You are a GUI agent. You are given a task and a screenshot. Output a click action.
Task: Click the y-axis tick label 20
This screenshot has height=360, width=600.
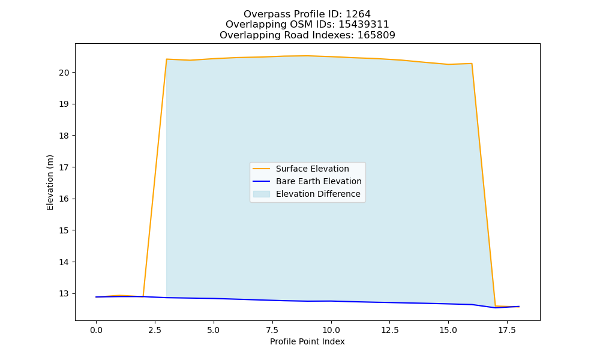pyautogui.click(x=64, y=73)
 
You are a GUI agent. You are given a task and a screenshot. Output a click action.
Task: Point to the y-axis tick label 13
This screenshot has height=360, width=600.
pyautogui.click(x=64, y=294)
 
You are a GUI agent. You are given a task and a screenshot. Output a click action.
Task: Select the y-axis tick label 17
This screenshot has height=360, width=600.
pyautogui.click(x=64, y=167)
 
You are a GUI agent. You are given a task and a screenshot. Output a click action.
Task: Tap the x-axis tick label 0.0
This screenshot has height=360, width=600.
pyautogui.click(x=96, y=330)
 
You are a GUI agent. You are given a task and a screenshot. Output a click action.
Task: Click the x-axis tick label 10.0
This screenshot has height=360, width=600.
pyautogui.click(x=331, y=330)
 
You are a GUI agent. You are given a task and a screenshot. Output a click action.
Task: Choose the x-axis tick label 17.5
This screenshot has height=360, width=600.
pyautogui.click(x=507, y=330)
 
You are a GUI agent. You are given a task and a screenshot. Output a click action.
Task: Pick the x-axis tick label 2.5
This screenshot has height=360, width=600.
pyautogui.click(x=155, y=330)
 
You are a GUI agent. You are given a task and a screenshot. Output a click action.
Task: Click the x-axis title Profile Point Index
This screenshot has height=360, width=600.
pyautogui.click(x=307, y=341)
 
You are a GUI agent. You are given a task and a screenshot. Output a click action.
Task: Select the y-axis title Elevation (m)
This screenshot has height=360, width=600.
pyautogui.click(x=50, y=182)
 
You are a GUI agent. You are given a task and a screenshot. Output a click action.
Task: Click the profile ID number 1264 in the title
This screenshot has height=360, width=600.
pyautogui.click(x=358, y=14)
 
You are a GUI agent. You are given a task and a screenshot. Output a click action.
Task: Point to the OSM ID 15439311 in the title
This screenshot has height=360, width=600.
pyautogui.click(x=364, y=25)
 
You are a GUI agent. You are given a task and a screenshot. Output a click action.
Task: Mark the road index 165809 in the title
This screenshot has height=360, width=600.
pyautogui.click(x=376, y=35)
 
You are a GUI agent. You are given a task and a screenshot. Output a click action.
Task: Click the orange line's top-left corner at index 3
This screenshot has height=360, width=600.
pyautogui.click(x=166, y=59)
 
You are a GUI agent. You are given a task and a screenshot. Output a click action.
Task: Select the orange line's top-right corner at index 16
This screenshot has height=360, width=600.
pyautogui.click(x=472, y=64)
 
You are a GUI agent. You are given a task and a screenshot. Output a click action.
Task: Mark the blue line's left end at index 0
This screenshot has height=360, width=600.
pyautogui.click(x=96, y=297)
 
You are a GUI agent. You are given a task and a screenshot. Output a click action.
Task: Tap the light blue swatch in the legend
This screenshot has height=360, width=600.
pyautogui.click(x=262, y=194)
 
